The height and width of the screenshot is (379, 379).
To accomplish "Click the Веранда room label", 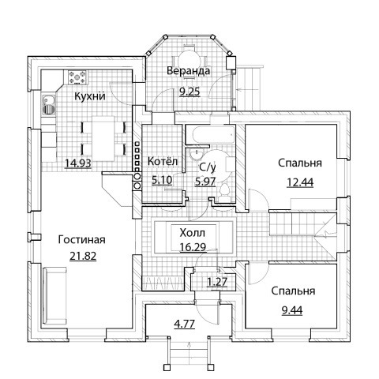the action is pyautogui.click(x=189, y=71).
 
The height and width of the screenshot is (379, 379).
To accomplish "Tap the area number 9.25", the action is pyautogui.click(x=189, y=92).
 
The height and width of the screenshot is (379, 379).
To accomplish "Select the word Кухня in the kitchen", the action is pyautogui.click(x=90, y=96).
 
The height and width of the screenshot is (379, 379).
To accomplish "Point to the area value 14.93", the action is pyautogui.click(x=78, y=163).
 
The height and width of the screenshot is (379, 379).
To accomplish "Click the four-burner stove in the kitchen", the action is pyautogui.click(x=77, y=77).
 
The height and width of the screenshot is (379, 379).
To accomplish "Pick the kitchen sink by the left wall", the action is pyautogui.click(x=49, y=105).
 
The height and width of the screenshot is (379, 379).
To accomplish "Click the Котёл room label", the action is pyautogui.click(x=163, y=161).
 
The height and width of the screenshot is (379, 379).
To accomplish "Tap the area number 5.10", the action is pyautogui.click(x=162, y=180).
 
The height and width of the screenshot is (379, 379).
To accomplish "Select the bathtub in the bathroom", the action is pyautogui.click(x=209, y=135).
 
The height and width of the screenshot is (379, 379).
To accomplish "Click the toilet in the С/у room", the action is pyautogui.click(x=224, y=193).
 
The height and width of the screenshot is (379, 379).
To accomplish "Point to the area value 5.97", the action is pyautogui.click(x=205, y=182).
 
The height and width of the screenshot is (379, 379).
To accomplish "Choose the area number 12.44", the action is pyautogui.click(x=300, y=182).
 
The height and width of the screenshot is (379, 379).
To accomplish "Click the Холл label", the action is pyautogui.click(x=193, y=233).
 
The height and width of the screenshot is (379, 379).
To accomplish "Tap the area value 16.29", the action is pyautogui.click(x=193, y=247).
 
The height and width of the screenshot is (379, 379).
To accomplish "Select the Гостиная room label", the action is pyautogui.click(x=82, y=240).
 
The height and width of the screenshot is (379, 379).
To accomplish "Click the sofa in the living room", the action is pyautogui.click(x=54, y=296).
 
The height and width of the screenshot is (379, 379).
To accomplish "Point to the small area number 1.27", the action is pyautogui.click(x=217, y=282).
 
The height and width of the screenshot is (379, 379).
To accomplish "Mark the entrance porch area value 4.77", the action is pyautogui.click(x=185, y=324).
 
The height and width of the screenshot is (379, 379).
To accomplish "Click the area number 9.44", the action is pyautogui.click(x=292, y=310).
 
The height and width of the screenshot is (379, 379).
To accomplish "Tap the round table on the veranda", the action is pyautogui.click(x=189, y=61).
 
